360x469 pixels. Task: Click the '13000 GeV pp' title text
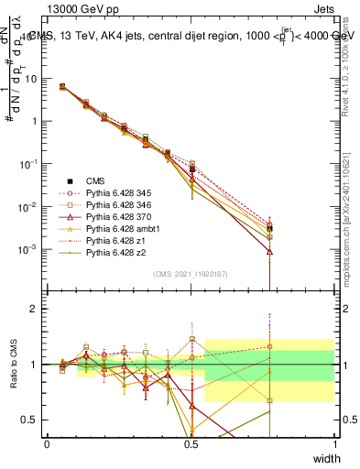click(86, 10)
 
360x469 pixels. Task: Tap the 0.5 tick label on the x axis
click(191, 443)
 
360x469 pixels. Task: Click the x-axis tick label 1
click(334, 443)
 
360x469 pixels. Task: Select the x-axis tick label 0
click(47, 443)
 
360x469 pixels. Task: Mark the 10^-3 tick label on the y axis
click(28, 249)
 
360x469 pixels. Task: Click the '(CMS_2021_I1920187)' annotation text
click(190, 274)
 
